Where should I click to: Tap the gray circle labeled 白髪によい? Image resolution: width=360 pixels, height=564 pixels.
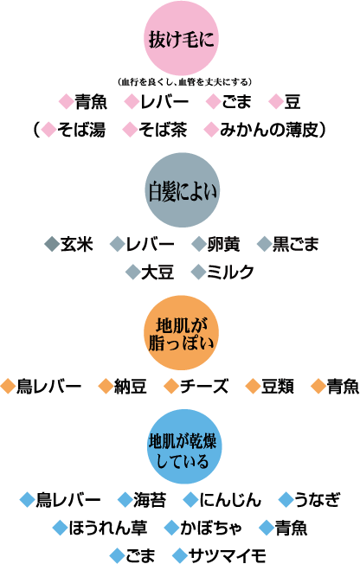click(x=182, y=190)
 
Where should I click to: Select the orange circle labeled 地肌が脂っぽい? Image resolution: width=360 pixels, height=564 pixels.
click(x=181, y=333)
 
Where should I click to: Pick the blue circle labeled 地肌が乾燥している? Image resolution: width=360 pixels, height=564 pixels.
click(x=183, y=446)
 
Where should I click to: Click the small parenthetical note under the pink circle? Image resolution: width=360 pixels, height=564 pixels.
click(x=184, y=82)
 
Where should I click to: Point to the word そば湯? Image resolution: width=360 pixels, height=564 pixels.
click(x=81, y=130)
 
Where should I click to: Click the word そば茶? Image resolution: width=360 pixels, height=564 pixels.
click(x=163, y=130)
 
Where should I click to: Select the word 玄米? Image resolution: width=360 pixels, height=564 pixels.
click(x=77, y=244)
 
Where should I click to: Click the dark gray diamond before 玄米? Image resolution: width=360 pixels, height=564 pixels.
click(x=52, y=244)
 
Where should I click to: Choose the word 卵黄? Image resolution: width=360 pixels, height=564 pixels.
click(x=223, y=244)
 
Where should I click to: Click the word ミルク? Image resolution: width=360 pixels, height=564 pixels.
click(x=230, y=272)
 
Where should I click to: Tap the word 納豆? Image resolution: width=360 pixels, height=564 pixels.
click(x=131, y=387)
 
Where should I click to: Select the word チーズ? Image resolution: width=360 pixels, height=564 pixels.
click(x=204, y=387)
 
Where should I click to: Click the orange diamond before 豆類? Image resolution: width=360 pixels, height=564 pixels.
click(x=253, y=387)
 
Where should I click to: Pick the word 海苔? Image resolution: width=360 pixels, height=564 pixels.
click(x=150, y=500)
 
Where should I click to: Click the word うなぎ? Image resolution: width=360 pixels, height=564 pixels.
click(x=317, y=500)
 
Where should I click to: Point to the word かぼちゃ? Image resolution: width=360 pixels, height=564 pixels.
click(x=211, y=528)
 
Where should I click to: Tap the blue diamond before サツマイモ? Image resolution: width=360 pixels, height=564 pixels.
click(x=180, y=555)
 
